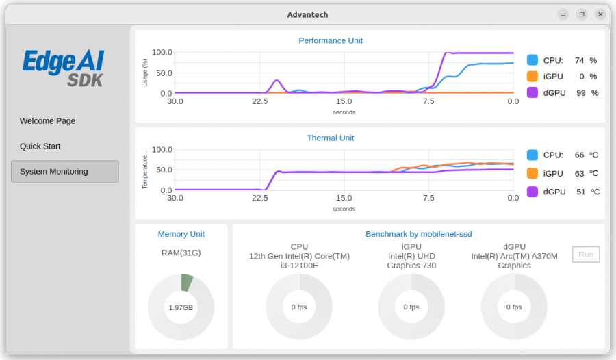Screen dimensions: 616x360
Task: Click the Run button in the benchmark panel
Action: pyautogui.click(x=586, y=255)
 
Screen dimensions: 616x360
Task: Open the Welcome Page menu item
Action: pyautogui.click(x=47, y=121)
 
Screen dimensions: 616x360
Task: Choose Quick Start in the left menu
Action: pyautogui.click(x=40, y=146)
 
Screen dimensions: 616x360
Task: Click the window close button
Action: pyautogui.click(x=600, y=14)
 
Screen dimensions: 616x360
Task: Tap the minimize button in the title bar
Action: pyautogui.click(x=563, y=14)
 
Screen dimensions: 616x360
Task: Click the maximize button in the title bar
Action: pyautogui.click(x=582, y=14)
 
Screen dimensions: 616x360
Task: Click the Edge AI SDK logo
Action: pyautogui.click(x=64, y=68)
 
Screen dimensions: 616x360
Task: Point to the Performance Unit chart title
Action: pyautogui.click(x=331, y=40)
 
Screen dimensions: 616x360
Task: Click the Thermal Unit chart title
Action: pyautogui.click(x=331, y=138)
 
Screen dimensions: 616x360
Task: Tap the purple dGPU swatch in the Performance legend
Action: pyautogui.click(x=532, y=92)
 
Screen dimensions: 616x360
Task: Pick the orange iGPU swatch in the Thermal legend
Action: pyautogui.click(x=532, y=173)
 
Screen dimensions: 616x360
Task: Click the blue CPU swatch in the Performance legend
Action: pyautogui.click(x=532, y=60)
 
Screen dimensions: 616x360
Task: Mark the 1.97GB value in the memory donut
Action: pyautogui.click(x=181, y=307)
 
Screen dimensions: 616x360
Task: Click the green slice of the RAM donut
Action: pyautogui.click(x=187, y=283)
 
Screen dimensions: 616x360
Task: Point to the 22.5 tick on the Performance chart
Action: pyautogui.click(x=259, y=101)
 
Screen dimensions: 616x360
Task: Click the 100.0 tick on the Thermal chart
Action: pyautogui.click(x=162, y=149)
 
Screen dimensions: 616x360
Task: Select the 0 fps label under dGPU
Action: pyautogui.click(x=514, y=307)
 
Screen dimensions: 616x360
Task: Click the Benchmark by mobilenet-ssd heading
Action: pyautogui.click(x=418, y=234)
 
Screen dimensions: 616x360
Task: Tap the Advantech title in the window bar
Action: pyautogui.click(x=307, y=14)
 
